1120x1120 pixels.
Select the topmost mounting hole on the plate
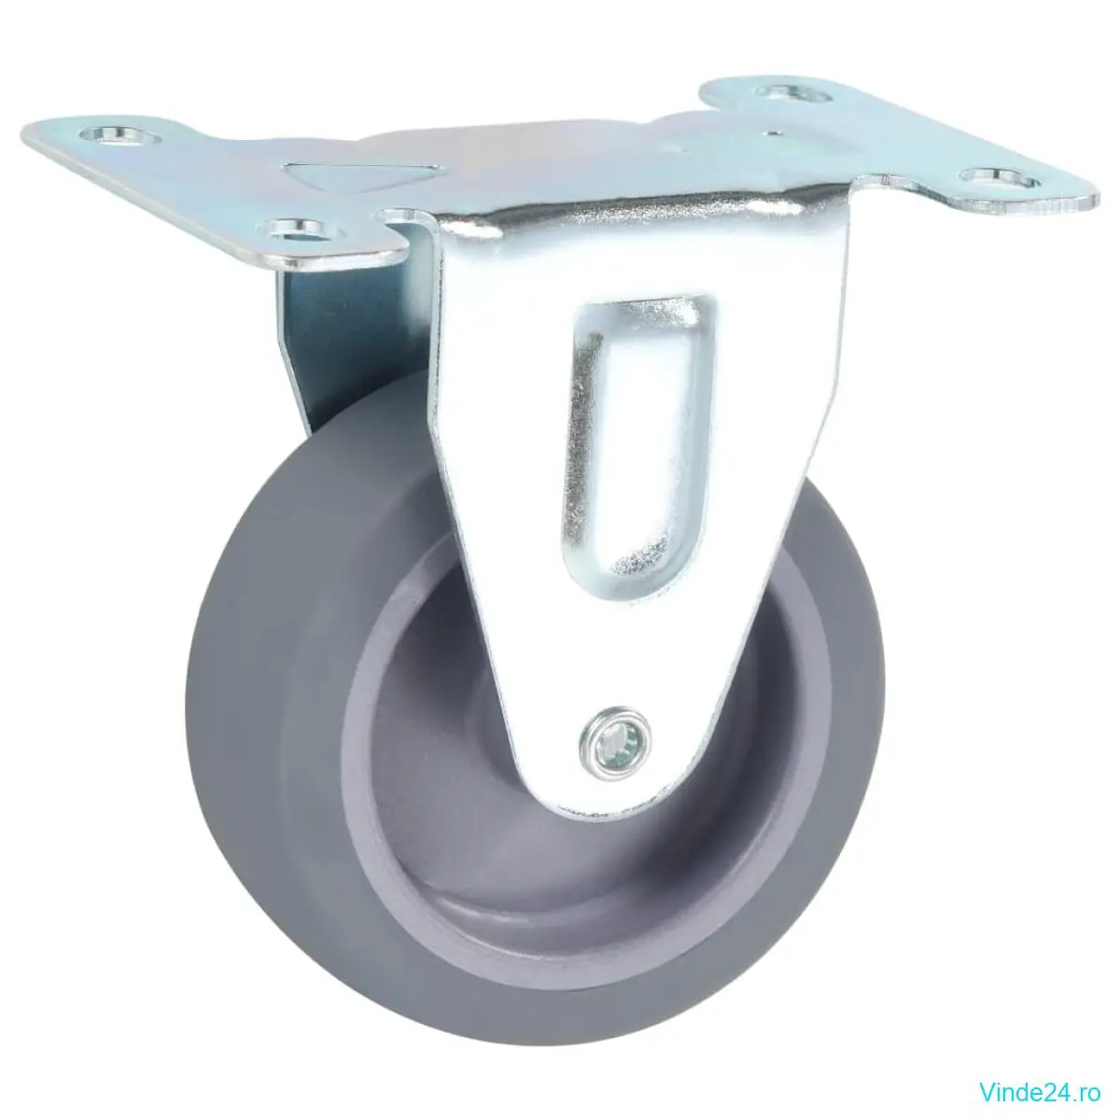click(x=792, y=93)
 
